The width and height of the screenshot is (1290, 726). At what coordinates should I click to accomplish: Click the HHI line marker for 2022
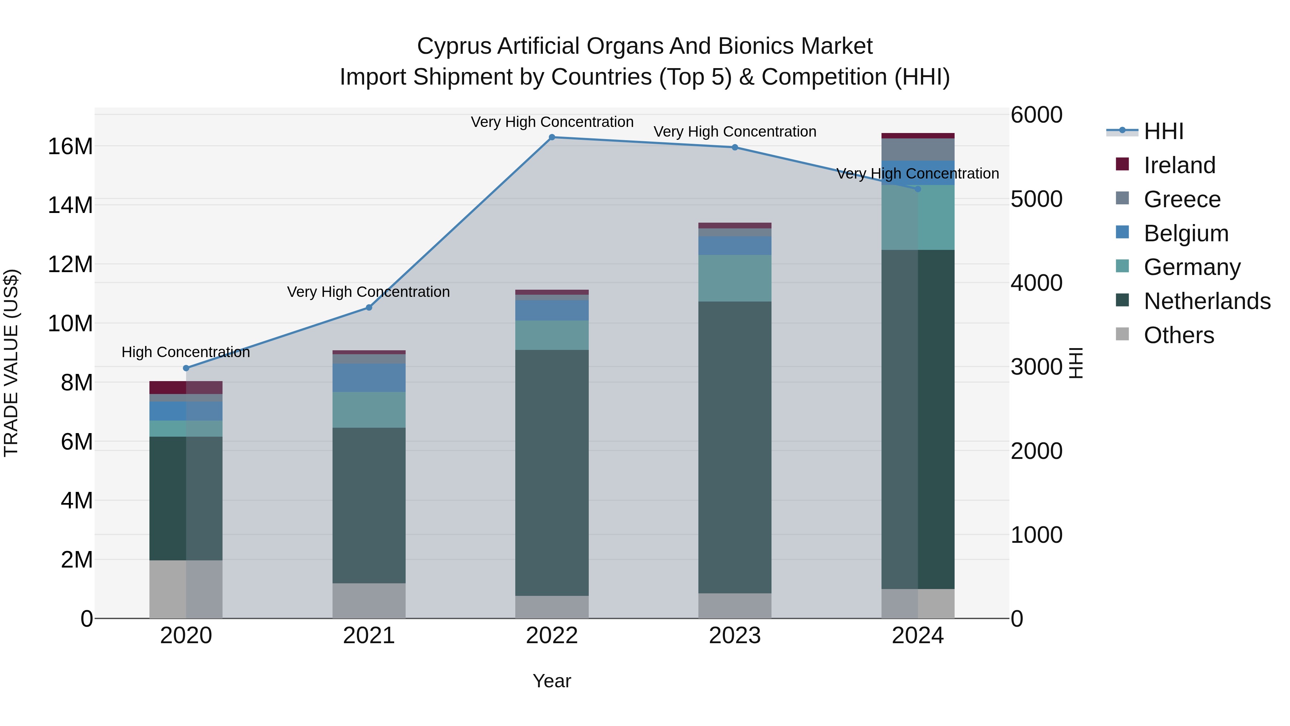(x=552, y=137)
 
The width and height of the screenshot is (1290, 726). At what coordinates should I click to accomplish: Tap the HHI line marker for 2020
(x=186, y=368)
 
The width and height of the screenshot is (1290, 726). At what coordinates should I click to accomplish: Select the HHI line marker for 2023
(x=735, y=147)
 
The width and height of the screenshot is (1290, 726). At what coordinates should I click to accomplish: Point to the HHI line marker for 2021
(x=369, y=308)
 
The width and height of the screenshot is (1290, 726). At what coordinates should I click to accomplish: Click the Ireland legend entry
(x=1179, y=165)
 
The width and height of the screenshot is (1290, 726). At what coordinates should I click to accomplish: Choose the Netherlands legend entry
(x=1207, y=302)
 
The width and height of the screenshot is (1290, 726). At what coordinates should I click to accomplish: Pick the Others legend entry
(x=1179, y=335)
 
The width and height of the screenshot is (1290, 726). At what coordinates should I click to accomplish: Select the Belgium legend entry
(x=1186, y=233)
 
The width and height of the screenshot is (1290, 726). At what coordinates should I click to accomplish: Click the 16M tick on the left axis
(x=70, y=147)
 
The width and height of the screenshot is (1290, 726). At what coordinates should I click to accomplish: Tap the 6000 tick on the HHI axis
(x=1036, y=115)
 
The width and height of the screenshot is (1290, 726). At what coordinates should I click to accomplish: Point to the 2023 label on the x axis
(x=735, y=636)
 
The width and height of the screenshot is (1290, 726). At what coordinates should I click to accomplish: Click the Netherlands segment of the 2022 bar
(x=552, y=473)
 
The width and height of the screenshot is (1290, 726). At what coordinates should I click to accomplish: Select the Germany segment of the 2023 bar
(x=735, y=278)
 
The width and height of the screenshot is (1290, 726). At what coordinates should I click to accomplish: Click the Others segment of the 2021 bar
(x=369, y=601)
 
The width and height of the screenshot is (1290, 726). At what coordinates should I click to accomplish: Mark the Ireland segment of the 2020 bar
(x=186, y=387)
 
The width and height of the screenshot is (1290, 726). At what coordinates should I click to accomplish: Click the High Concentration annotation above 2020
(x=186, y=352)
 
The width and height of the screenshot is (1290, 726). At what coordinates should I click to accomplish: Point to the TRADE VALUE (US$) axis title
(x=11, y=363)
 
